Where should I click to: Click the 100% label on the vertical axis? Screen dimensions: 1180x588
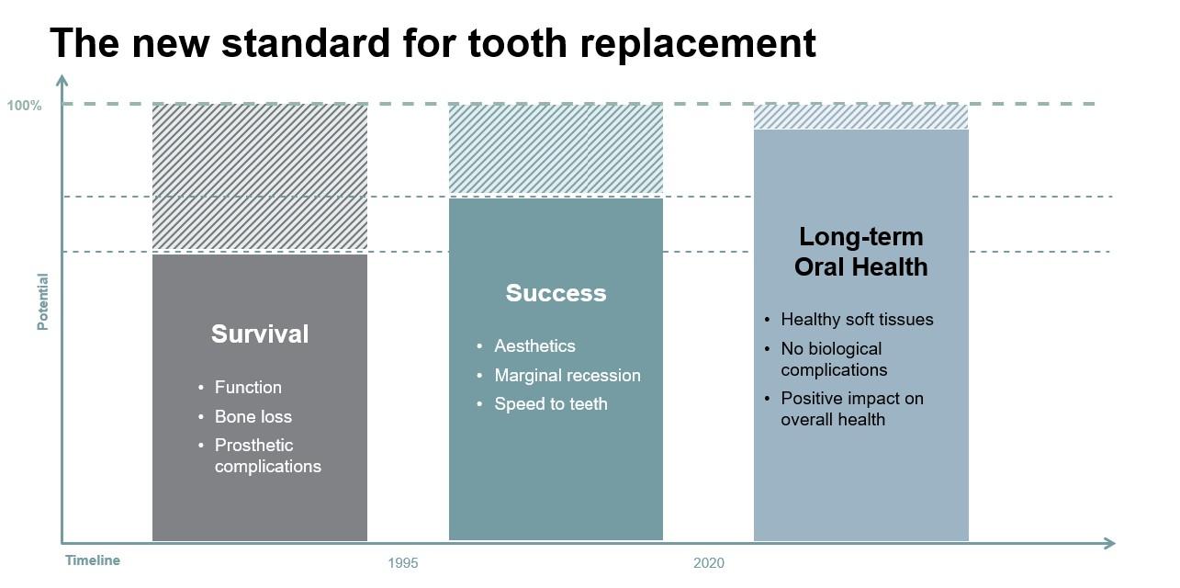[24, 106]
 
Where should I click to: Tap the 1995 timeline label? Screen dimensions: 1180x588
[403, 562]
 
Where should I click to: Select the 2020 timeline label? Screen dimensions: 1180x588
[709, 562]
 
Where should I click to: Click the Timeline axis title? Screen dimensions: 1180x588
[93, 560]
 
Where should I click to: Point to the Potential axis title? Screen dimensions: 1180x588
[42, 301]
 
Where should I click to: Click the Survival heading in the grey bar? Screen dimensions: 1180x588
[260, 334]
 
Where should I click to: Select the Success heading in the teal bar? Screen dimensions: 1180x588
[556, 293]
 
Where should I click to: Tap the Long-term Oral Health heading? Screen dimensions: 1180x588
[860, 252]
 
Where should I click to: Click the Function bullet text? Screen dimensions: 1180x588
[248, 388]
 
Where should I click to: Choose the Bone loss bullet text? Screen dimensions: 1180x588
[253, 417]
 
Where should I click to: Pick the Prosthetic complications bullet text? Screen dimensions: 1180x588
[267, 456]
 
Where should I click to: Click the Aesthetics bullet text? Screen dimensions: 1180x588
[534, 346]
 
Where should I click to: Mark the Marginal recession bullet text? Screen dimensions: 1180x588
[568, 375]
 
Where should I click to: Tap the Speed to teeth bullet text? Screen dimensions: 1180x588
[551, 404]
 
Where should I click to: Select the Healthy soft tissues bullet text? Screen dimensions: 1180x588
[857, 320]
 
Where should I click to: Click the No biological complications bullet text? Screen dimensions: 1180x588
[834, 359]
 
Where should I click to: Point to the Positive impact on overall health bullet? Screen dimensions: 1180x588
[852, 409]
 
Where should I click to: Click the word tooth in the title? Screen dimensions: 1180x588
[517, 43]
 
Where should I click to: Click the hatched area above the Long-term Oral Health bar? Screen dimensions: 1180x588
[860, 117]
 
